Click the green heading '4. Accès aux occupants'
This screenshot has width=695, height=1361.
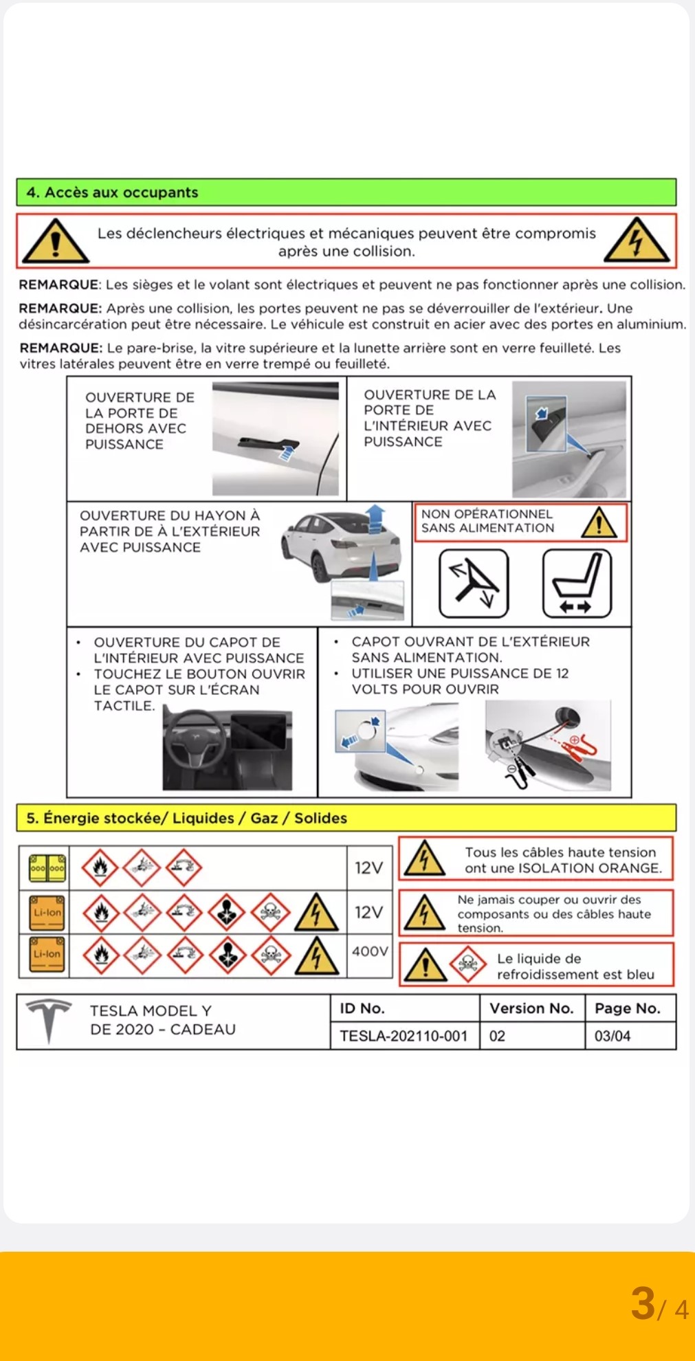[111, 192]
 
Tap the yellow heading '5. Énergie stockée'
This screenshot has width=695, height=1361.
[186, 818]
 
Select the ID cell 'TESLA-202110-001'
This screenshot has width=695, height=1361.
[404, 1036]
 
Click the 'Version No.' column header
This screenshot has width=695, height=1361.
[531, 1008]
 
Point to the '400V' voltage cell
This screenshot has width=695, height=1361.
[370, 951]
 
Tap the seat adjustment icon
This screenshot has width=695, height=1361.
[577, 584]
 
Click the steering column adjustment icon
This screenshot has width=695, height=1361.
[474, 584]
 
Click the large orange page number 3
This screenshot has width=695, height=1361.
[643, 1303]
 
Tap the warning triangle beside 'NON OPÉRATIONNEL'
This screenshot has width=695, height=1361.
[599, 522]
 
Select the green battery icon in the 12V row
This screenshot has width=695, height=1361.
[47, 868]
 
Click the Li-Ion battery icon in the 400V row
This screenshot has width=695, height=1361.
[47, 954]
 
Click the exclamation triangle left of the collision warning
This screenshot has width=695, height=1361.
[55, 242]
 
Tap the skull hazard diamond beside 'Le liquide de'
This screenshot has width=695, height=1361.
[468, 964]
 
